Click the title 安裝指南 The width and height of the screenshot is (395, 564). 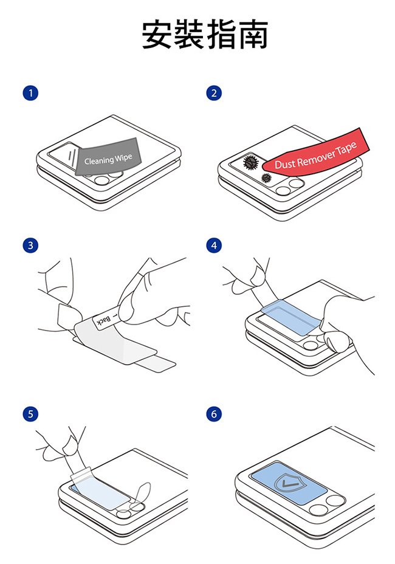205,35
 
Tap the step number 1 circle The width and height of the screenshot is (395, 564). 30,93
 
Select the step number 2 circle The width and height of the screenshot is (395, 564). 214,93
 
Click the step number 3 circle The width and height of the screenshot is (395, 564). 30,246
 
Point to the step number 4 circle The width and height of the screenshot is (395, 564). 214,246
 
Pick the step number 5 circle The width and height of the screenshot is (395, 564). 30,414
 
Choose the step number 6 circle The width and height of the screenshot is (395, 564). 214,414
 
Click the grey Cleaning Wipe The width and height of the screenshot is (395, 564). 108,157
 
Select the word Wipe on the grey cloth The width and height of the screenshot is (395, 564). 123,157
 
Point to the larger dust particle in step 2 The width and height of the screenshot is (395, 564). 251,163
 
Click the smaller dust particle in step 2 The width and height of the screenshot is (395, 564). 266,177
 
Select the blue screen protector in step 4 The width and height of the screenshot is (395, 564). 290,318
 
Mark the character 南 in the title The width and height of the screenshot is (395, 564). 253,35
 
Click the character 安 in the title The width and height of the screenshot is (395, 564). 157,35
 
